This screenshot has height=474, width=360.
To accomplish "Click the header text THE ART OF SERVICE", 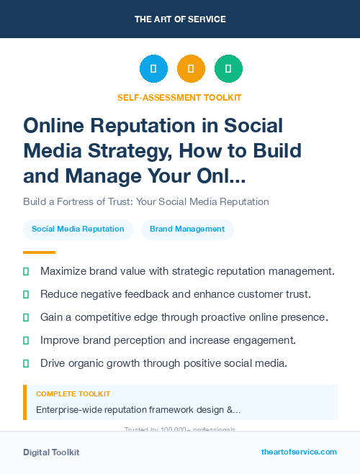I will click(x=180, y=19).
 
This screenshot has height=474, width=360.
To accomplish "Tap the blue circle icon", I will click(x=153, y=69).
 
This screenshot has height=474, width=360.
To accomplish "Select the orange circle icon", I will click(x=191, y=69).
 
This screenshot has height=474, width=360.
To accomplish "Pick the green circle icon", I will click(x=228, y=69).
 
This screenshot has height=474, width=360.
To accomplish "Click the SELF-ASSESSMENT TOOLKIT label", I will click(x=179, y=97).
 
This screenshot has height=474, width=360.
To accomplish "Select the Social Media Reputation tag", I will click(x=78, y=229).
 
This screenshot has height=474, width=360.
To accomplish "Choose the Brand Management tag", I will click(x=187, y=229).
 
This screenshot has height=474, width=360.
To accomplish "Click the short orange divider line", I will click(x=39, y=252).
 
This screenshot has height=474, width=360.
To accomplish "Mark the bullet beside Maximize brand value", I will click(x=27, y=272).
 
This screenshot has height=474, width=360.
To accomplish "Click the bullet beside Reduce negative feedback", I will click(x=27, y=295).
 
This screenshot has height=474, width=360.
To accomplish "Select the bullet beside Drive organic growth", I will click(x=27, y=363).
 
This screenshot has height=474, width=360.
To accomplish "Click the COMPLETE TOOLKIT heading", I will click(x=73, y=394).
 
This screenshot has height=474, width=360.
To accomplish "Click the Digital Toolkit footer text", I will click(x=51, y=452).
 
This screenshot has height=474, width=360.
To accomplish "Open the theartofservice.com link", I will click(x=299, y=452).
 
